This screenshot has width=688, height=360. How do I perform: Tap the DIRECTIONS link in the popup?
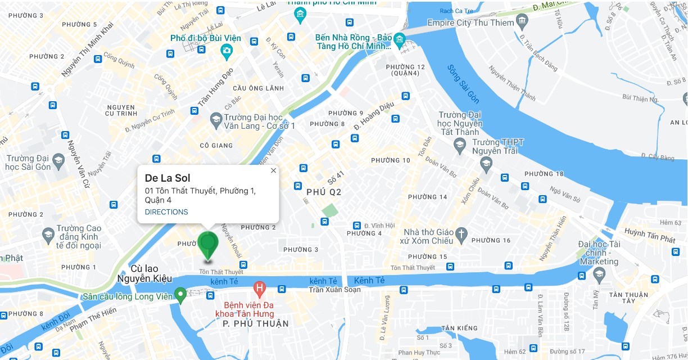click(x=166, y=212)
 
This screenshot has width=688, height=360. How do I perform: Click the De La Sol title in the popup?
click(x=168, y=178)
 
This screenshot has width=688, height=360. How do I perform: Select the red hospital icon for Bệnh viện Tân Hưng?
click(x=259, y=290)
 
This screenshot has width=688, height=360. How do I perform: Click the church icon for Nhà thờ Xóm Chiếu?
click(x=461, y=236)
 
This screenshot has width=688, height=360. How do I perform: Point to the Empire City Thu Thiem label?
click(x=470, y=23)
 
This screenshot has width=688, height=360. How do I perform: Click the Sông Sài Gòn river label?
click(x=463, y=84)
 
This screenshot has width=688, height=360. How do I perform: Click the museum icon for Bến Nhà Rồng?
click(x=399, y=39)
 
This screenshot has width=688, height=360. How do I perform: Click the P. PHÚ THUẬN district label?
click(x=256, y=324)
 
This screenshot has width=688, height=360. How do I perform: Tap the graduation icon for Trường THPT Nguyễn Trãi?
click(x=486, y=164)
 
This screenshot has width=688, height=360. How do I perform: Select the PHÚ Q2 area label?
click(x=324, y=192)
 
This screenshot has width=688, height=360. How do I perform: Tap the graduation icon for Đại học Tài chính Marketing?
click(x=599, y=275)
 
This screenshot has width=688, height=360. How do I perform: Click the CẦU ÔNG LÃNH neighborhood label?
click(x=258, y=88)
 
